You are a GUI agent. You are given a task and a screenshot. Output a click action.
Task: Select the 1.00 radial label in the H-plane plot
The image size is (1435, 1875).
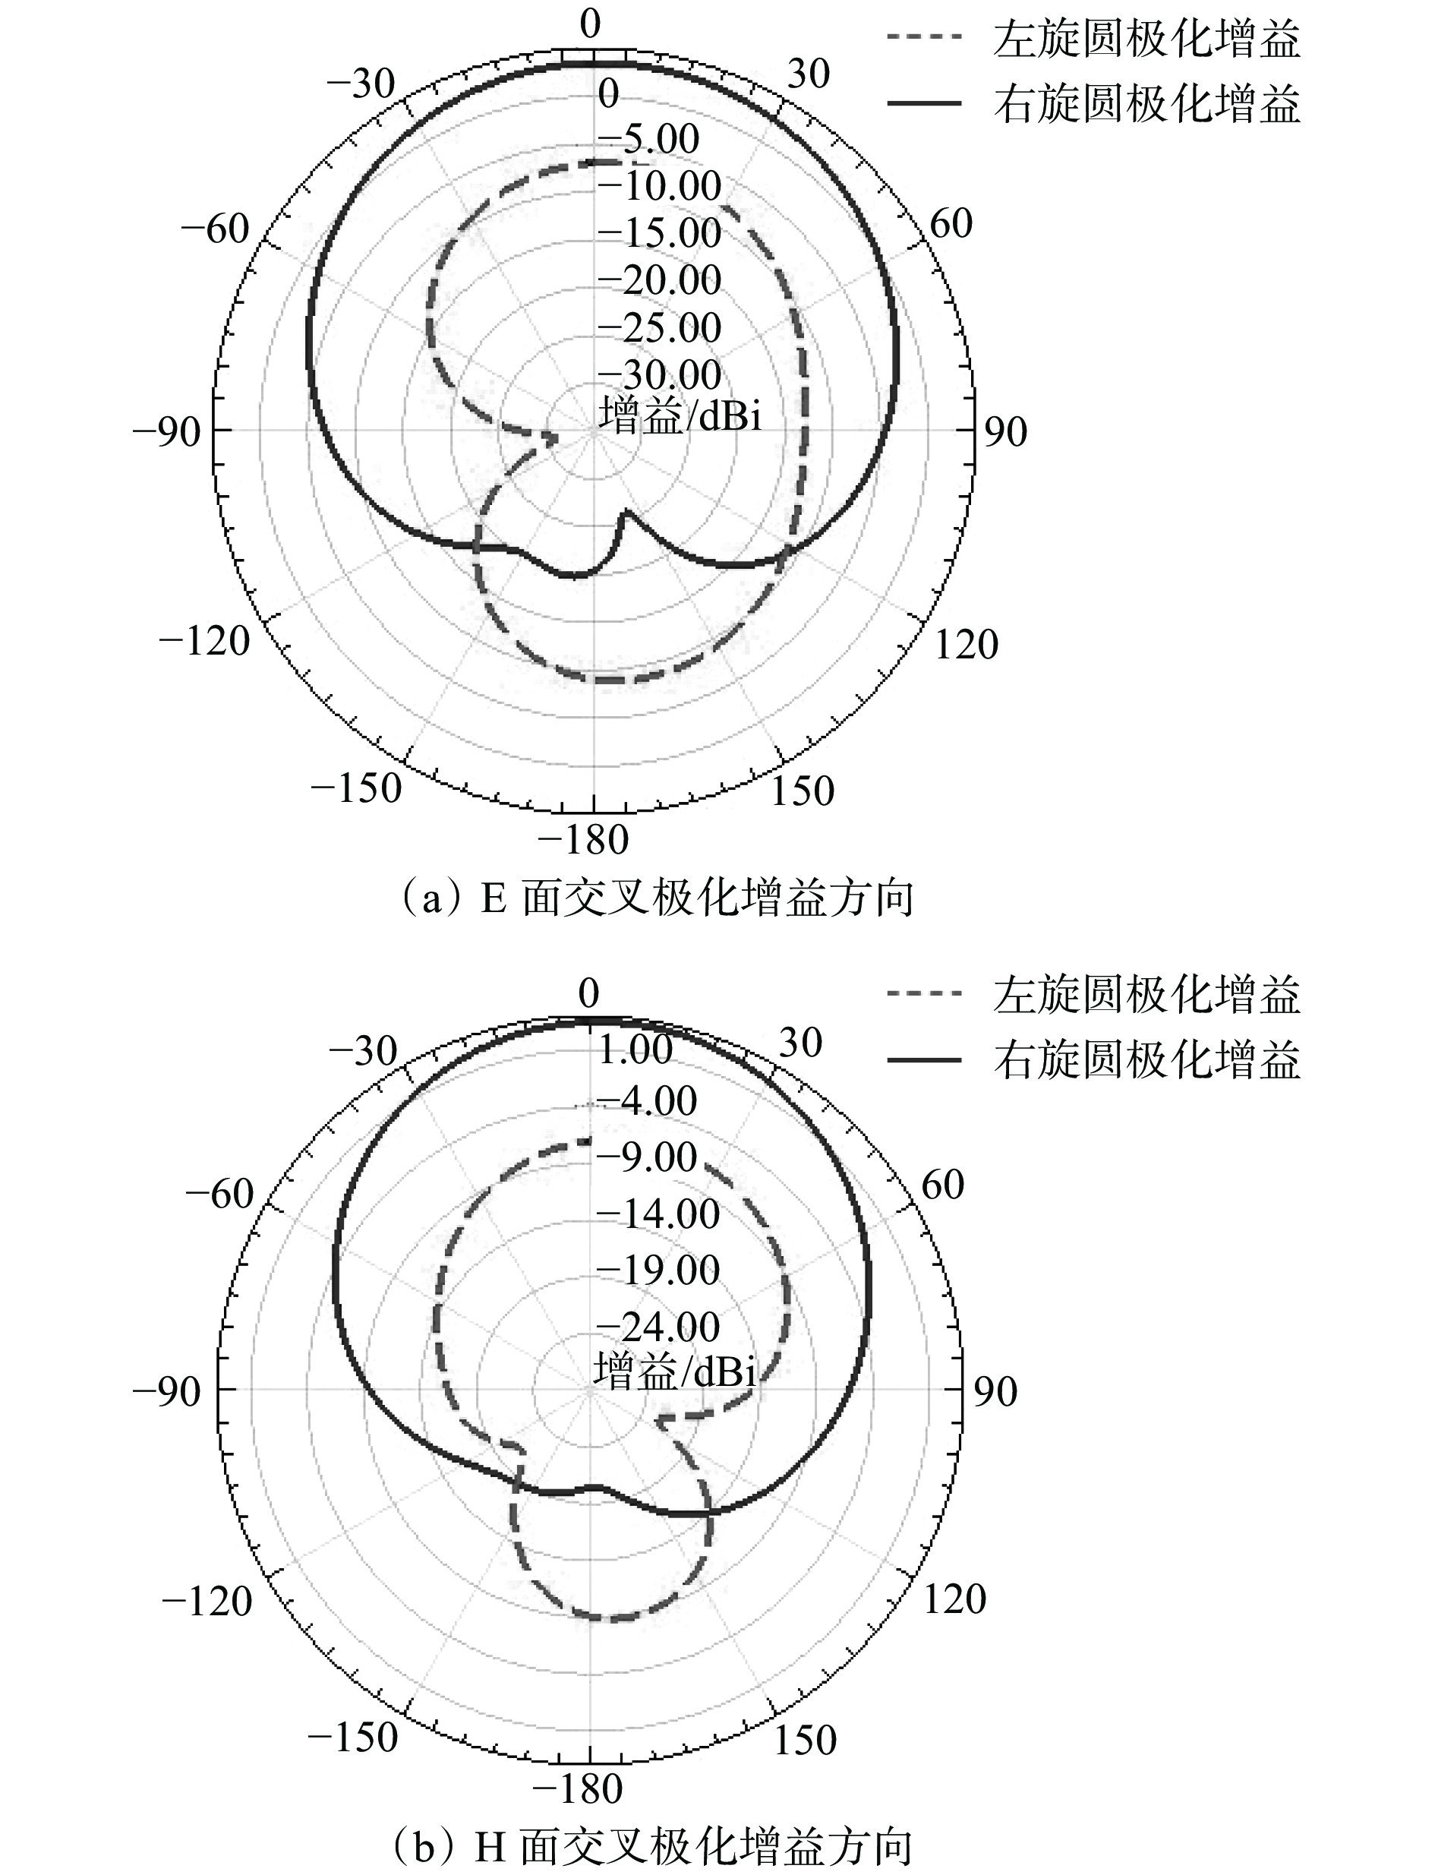pyautogui.click(x=635, y=1050)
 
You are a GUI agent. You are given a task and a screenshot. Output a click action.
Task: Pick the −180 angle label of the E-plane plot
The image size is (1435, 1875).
pyautogui.click(x=583, y=841)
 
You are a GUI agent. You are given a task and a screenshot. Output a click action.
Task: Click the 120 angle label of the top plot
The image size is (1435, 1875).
pyautogui.click(x=966, y=644)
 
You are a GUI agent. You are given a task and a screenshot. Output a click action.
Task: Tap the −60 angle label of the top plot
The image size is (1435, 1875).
pyautogui.click(x=216, y=228)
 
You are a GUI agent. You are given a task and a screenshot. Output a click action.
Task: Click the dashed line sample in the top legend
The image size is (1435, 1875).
pyautogui.click(x=924, y=36)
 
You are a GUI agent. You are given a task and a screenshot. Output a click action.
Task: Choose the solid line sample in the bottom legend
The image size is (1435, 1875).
pyautogui.click(x=924, y=1060)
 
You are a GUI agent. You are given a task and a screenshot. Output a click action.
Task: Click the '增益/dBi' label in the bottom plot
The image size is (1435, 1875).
pyautogui.click(x=675, y=1372)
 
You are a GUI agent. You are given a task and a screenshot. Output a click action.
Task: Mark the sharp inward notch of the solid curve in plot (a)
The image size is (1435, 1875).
pyautogui.click(x=628, y=511)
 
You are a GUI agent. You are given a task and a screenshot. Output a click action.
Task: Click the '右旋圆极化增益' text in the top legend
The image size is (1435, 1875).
pyautogui.click(x=1147, y=104)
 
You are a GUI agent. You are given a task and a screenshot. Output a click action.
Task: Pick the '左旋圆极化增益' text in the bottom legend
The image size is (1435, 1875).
pyautogui.click(x=1147, y=995)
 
